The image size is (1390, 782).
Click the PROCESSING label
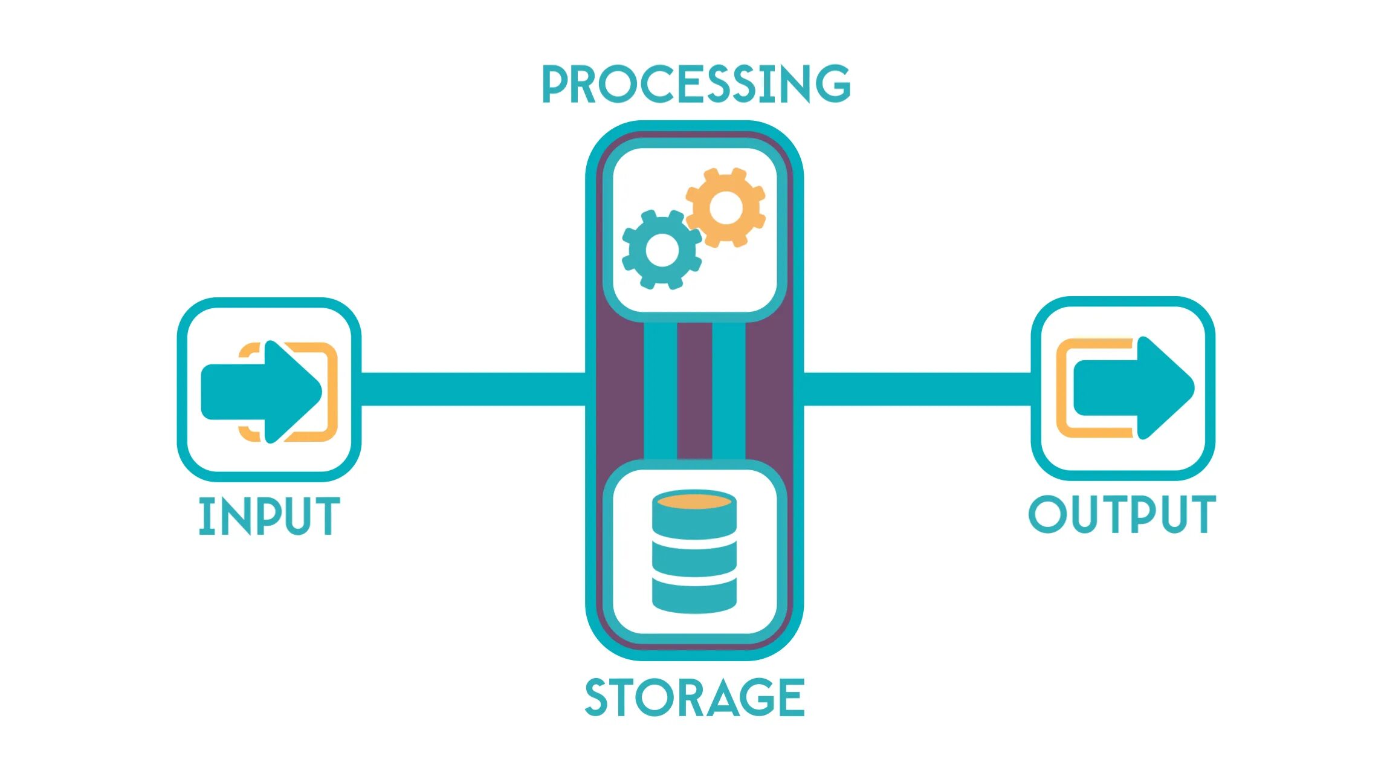pos(696,84)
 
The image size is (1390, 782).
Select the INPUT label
pos(269,516)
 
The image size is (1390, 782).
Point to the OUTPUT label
pos(1122,514)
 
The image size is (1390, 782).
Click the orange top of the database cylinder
pos(694,502)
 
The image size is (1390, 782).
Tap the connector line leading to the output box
pos(916,389)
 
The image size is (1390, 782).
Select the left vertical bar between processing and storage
pos(660,390)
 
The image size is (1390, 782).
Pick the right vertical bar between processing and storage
pos(728,390)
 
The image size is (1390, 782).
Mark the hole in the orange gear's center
pos(726,207)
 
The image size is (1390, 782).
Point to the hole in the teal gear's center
pos(662,250)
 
